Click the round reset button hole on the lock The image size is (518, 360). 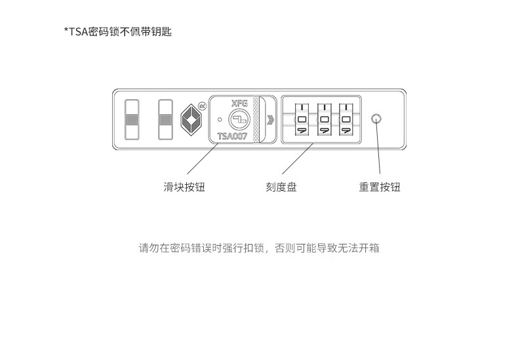pyautogui.click(x=376, y=119)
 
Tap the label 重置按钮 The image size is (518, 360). pyautogui.click(x=379, y=188)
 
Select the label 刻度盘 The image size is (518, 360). pyautogui.click(x=281, y=188)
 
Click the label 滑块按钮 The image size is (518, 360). pyautogui.click(x=184, y=188)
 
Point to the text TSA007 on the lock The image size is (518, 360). pyautogui.click(x=232, y=136)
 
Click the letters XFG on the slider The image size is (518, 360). pyautogui.click(x=240, y=104)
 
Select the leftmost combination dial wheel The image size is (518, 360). pyautogui.click(x=302, y=119)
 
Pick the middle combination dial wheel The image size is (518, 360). pyautogui.click(x=323, y=119)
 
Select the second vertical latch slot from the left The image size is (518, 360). pyautogui.click(x=165, y=119)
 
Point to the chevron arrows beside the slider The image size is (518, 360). pyautogui.click(x=270, y=119)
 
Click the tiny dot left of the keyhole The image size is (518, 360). pyautogui.click(x=219, y=120)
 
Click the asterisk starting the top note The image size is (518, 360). pyautogui.click(x=66, y=30)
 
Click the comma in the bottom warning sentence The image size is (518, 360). pyautogui.click(x=268, y=251)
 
